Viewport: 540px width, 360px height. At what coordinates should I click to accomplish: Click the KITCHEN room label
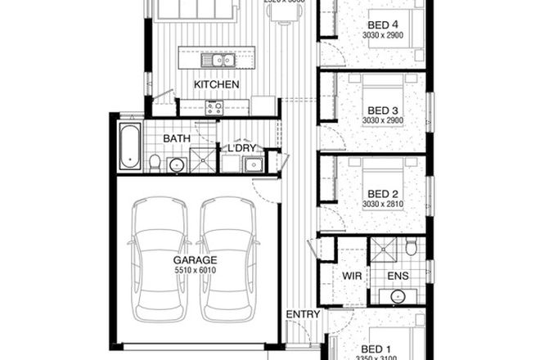pos(216,84)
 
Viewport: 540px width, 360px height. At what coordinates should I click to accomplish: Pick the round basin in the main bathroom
pos(176,165)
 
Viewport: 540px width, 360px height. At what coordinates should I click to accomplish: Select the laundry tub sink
pos(254,164)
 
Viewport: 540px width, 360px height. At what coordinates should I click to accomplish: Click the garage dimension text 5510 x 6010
pos(193,270)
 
